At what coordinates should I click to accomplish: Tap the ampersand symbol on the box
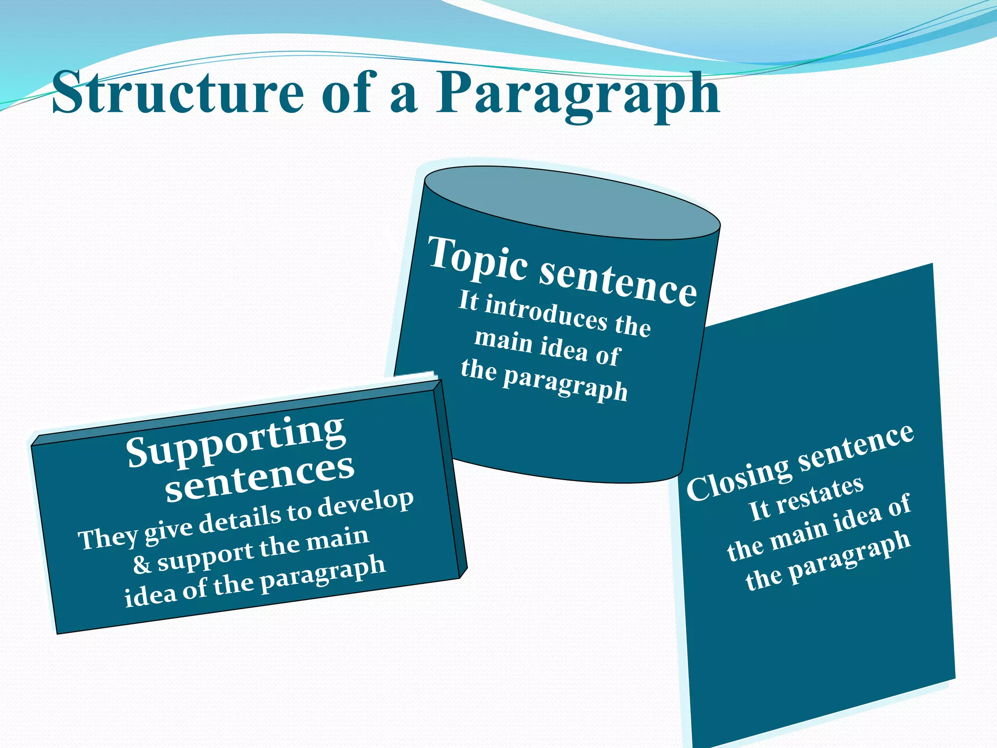tap(142, 565)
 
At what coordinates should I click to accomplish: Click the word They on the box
tap(108, 538)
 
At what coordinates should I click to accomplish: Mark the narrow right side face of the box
tap(451, 480)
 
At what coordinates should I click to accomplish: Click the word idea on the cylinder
tap(564, 347)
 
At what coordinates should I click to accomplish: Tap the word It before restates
tap(759, 511)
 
